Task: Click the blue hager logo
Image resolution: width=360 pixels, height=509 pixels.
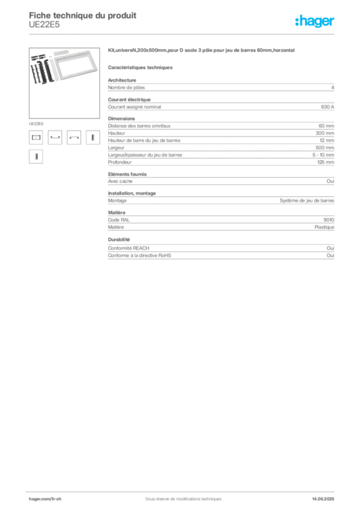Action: [x=315, y=22]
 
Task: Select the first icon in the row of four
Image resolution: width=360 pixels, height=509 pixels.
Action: [x=35, y=138]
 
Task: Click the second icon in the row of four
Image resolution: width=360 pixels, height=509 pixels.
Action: [x=55, y=139]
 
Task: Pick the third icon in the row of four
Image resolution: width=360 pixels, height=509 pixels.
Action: [x=74, y=139]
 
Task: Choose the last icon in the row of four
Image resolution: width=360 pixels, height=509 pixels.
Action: [x=91, y=138]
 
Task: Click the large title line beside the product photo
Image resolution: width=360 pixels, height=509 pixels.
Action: [x=202, y=51]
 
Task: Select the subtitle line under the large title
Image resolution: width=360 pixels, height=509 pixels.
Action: [x=141, y=67]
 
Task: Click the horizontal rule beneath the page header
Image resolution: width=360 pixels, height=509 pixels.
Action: [x=183, y=34]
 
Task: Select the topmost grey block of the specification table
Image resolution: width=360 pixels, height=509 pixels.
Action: [x=221, y=87]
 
